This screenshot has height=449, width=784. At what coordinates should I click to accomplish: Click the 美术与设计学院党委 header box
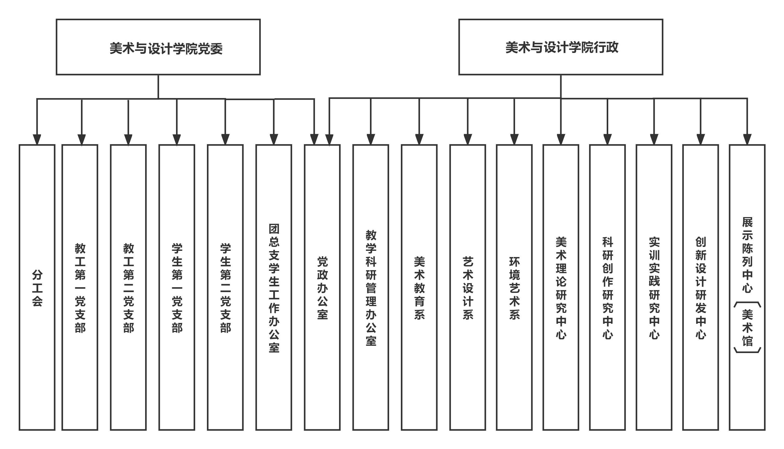[158, 47]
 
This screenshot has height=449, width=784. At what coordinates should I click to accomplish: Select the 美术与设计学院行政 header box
[561, 47]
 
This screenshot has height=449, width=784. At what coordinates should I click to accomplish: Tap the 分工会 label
[37, 288]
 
